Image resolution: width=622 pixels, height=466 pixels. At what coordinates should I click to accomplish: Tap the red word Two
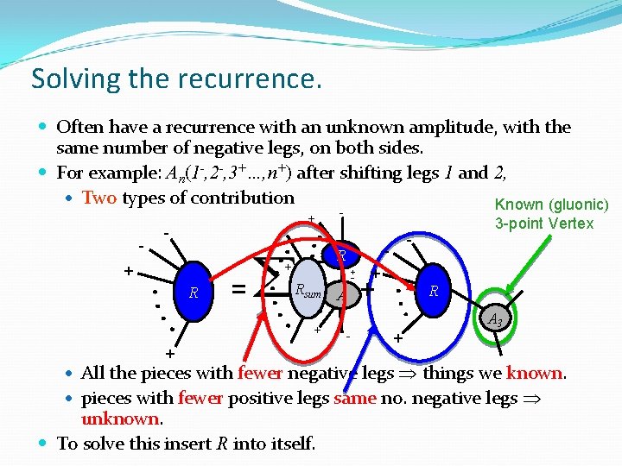[99, 198]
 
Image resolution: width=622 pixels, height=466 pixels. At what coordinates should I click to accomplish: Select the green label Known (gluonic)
[551, 205]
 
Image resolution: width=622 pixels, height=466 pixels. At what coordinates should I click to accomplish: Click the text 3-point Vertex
[544, 224]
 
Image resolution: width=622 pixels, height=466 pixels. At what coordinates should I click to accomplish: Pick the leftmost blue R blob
[194, 293]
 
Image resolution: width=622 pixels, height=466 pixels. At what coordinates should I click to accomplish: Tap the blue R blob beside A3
[434, 291]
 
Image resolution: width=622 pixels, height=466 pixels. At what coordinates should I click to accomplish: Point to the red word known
[535, 373]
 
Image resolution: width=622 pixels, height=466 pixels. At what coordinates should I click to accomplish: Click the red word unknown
[120, 419]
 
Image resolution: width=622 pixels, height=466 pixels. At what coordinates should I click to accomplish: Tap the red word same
[356, 399]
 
